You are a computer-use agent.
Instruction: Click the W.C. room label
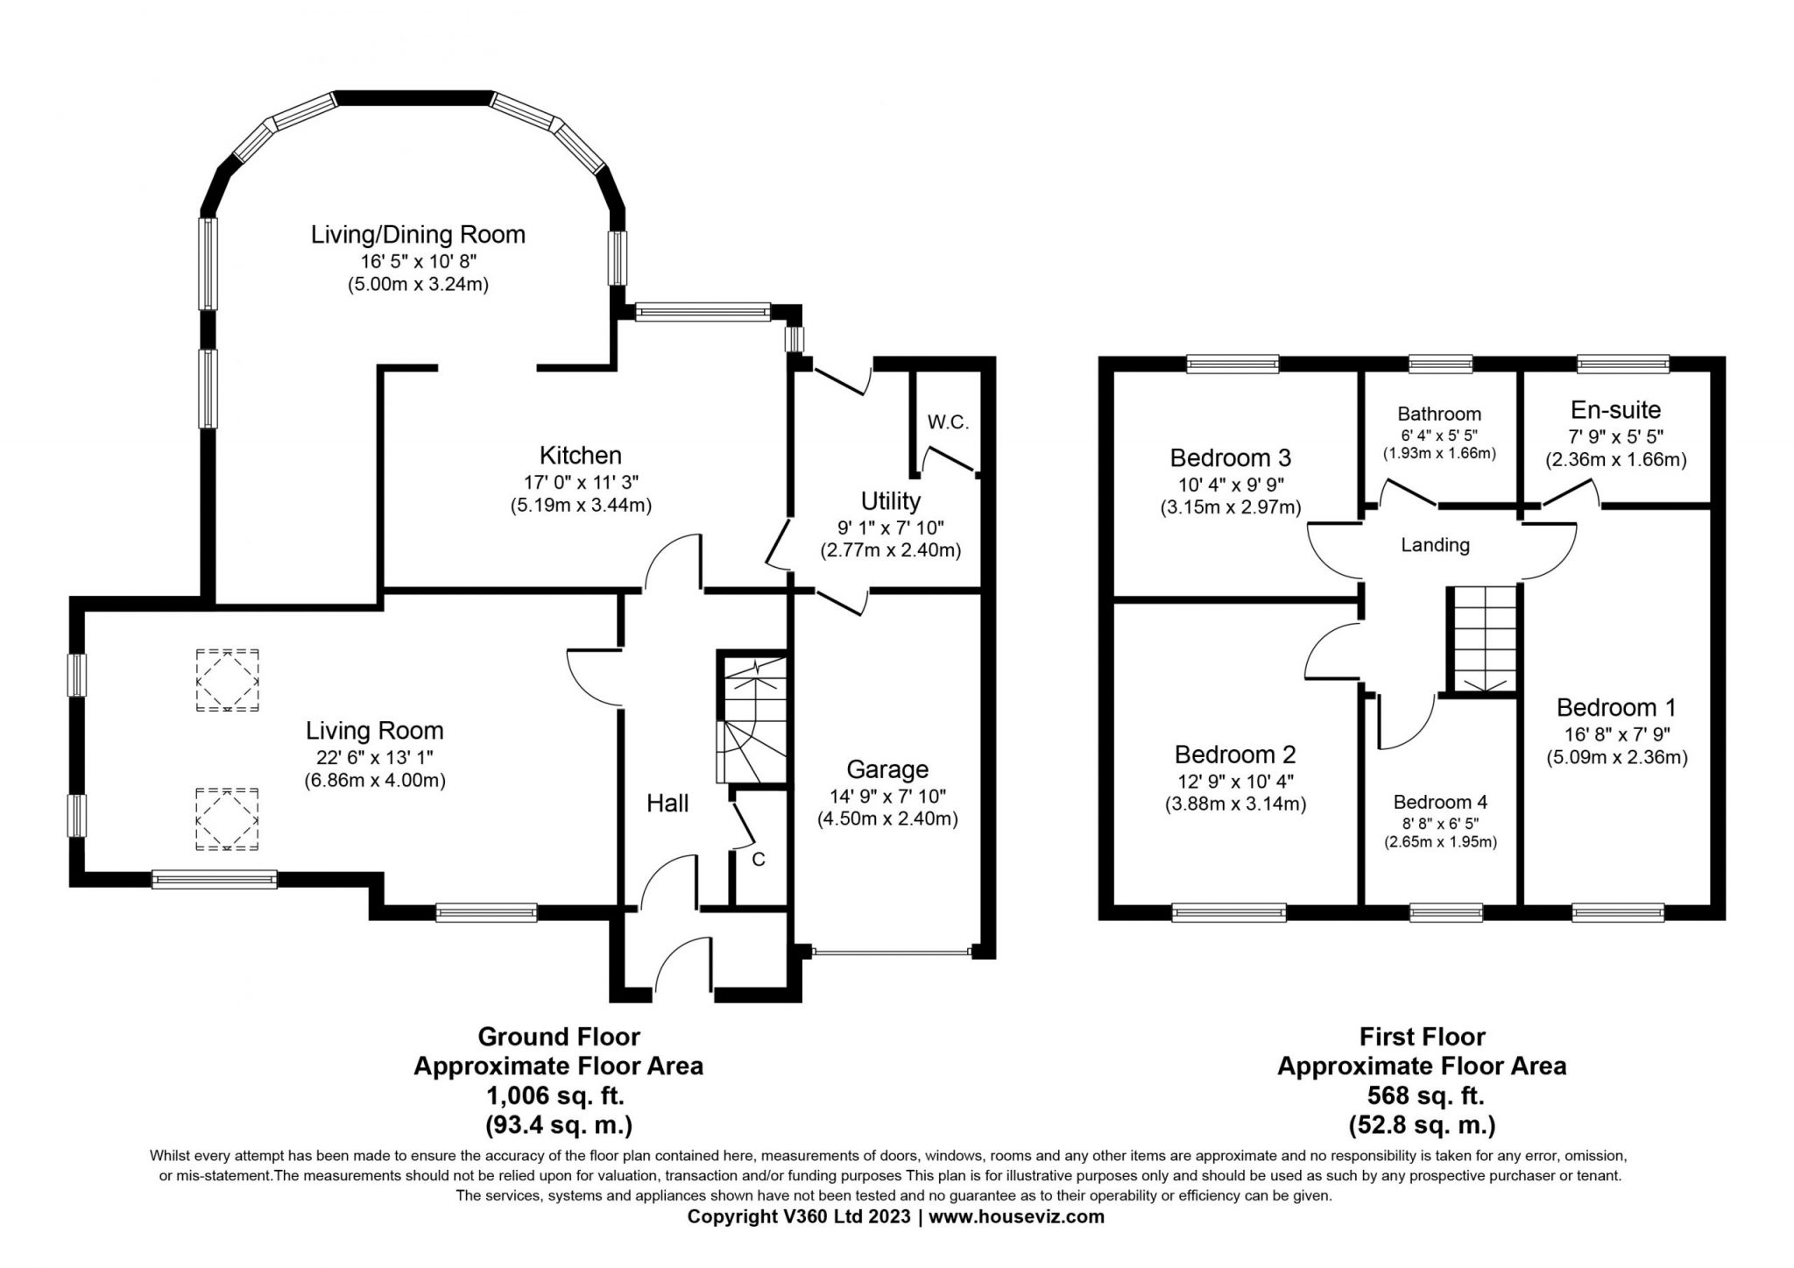pyautogui.click(x=948, y=422)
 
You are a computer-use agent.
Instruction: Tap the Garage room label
pyautogui.click(x=887, y=769)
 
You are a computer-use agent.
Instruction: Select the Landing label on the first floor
pyautogui.click(x=1435, y=545)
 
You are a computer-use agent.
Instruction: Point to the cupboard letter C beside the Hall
pyautogui.click(x=759, y=860)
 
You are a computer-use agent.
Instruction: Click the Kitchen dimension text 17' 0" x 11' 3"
pyautogui.click(x=581, y=481)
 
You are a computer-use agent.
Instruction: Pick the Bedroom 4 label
pyautogui.click(x=1440, y=802)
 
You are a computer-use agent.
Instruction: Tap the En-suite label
pyautogui.click(x=1615, y=410)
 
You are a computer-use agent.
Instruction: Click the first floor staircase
pyautogui.click(x=1484, y=641)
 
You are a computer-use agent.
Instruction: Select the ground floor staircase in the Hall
pyautogui.click(x=752, y=719)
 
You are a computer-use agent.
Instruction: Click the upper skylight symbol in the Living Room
pyautogui.click(x=227, y=680)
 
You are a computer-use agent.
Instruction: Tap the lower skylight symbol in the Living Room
pyautogui.click(x=227, y=818)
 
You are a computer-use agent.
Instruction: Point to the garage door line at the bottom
pyautogui.click(x=892, y=952)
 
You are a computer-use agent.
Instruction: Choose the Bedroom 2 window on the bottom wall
pyautogui.click(x=1229, y=913)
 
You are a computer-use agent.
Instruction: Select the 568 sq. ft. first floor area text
pyautogui.click(x=1422, y=1095)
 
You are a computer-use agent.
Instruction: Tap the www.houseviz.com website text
pyautogui.click(x=1016, y=1216)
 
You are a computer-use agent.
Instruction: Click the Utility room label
pyautogui.click(x=891, y=501)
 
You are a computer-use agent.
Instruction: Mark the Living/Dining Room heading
pyautogui.click(x=418, y=235)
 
